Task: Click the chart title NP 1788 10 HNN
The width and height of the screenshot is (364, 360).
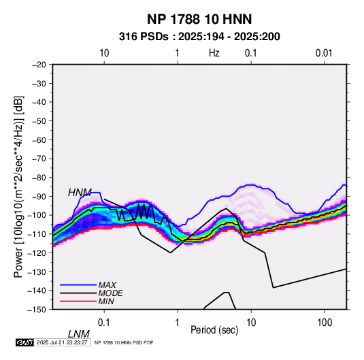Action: coord(199,19)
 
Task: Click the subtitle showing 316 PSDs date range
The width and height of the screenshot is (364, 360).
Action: coord(199,37)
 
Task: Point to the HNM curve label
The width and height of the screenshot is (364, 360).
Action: coord(80,193)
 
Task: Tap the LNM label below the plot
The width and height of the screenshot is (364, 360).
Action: coord(78,334)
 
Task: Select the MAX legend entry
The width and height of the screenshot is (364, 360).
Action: coord(107,284)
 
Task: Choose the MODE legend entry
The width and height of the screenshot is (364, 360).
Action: coord(110,293)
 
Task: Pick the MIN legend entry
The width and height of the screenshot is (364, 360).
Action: coord(106,301)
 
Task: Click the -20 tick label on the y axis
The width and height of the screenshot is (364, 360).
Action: coord(39,65)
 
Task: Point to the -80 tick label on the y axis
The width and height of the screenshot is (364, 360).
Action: coord(39,178)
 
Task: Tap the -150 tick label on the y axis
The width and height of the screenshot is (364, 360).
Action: coord(37,310)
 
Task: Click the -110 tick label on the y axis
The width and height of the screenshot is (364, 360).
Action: coord(37,234)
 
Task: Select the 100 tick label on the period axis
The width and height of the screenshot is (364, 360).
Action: coord(325,323)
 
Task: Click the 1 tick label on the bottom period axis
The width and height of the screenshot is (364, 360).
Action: coord(178,323)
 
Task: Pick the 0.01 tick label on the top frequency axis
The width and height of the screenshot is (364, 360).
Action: coord(324,53)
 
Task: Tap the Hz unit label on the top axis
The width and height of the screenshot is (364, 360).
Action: coord(214,53)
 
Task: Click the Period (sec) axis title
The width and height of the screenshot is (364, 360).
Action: coord(214,330)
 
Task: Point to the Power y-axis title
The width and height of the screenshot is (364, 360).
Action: coord(18,186)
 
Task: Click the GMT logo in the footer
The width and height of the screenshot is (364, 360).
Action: coord(25,342)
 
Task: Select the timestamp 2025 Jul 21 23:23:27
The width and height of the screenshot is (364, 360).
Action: coord(62,342)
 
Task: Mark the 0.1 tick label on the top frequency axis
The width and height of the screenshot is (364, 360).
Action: coord(251,53)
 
